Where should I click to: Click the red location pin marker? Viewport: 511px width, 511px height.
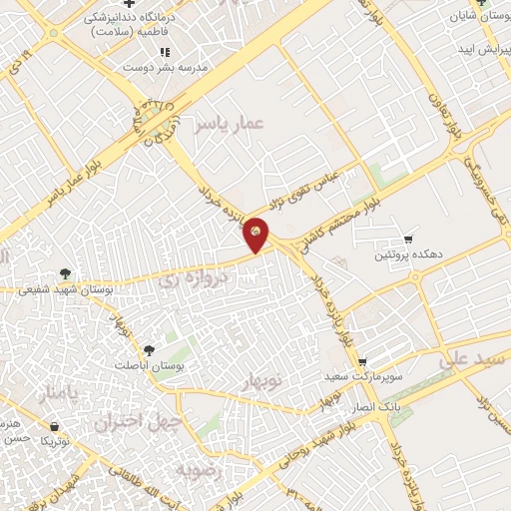256,234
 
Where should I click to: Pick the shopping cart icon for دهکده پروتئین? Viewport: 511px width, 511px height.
408,239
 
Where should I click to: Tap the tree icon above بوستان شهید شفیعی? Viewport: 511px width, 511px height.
65,271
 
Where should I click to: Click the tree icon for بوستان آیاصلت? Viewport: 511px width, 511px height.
149,349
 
